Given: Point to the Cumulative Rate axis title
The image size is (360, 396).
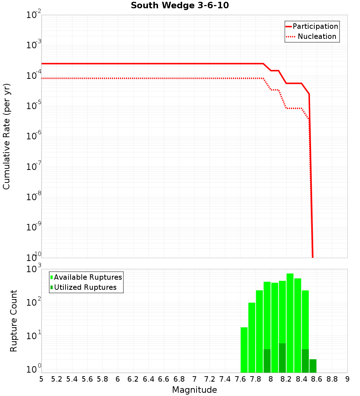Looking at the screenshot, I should (x=6, y=136).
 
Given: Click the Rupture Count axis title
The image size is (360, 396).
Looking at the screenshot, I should (x=14, y=321).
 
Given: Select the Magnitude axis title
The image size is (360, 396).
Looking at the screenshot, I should (x=194, y=390).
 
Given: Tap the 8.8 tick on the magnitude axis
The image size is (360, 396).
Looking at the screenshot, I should (x=332, y=379).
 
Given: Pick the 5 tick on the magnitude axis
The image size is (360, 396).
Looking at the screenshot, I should (x=41, y=379).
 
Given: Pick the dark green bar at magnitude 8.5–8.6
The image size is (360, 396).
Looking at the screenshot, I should (x=313, y=366).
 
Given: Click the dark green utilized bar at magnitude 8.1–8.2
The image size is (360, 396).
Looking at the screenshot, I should (x=282, y=358).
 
